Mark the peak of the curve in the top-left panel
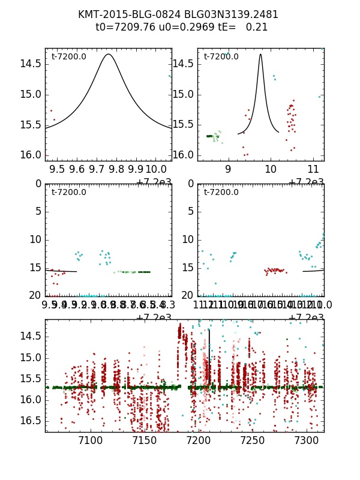pos(108,54)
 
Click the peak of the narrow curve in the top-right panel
pos(260,54)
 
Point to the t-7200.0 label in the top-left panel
pos(68,57)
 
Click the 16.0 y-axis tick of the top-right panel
pos(184,155)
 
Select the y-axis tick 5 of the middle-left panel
pos(38,211)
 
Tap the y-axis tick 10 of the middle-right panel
pos(188,239)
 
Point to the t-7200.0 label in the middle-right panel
pos(221,193)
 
